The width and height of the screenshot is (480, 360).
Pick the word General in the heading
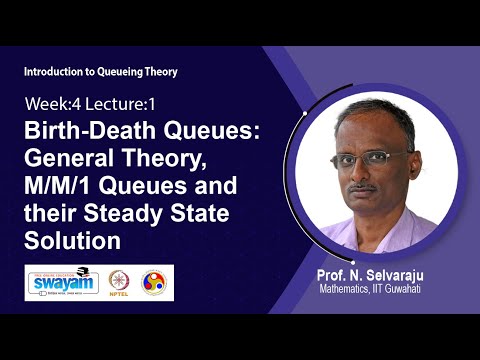(67, 161)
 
